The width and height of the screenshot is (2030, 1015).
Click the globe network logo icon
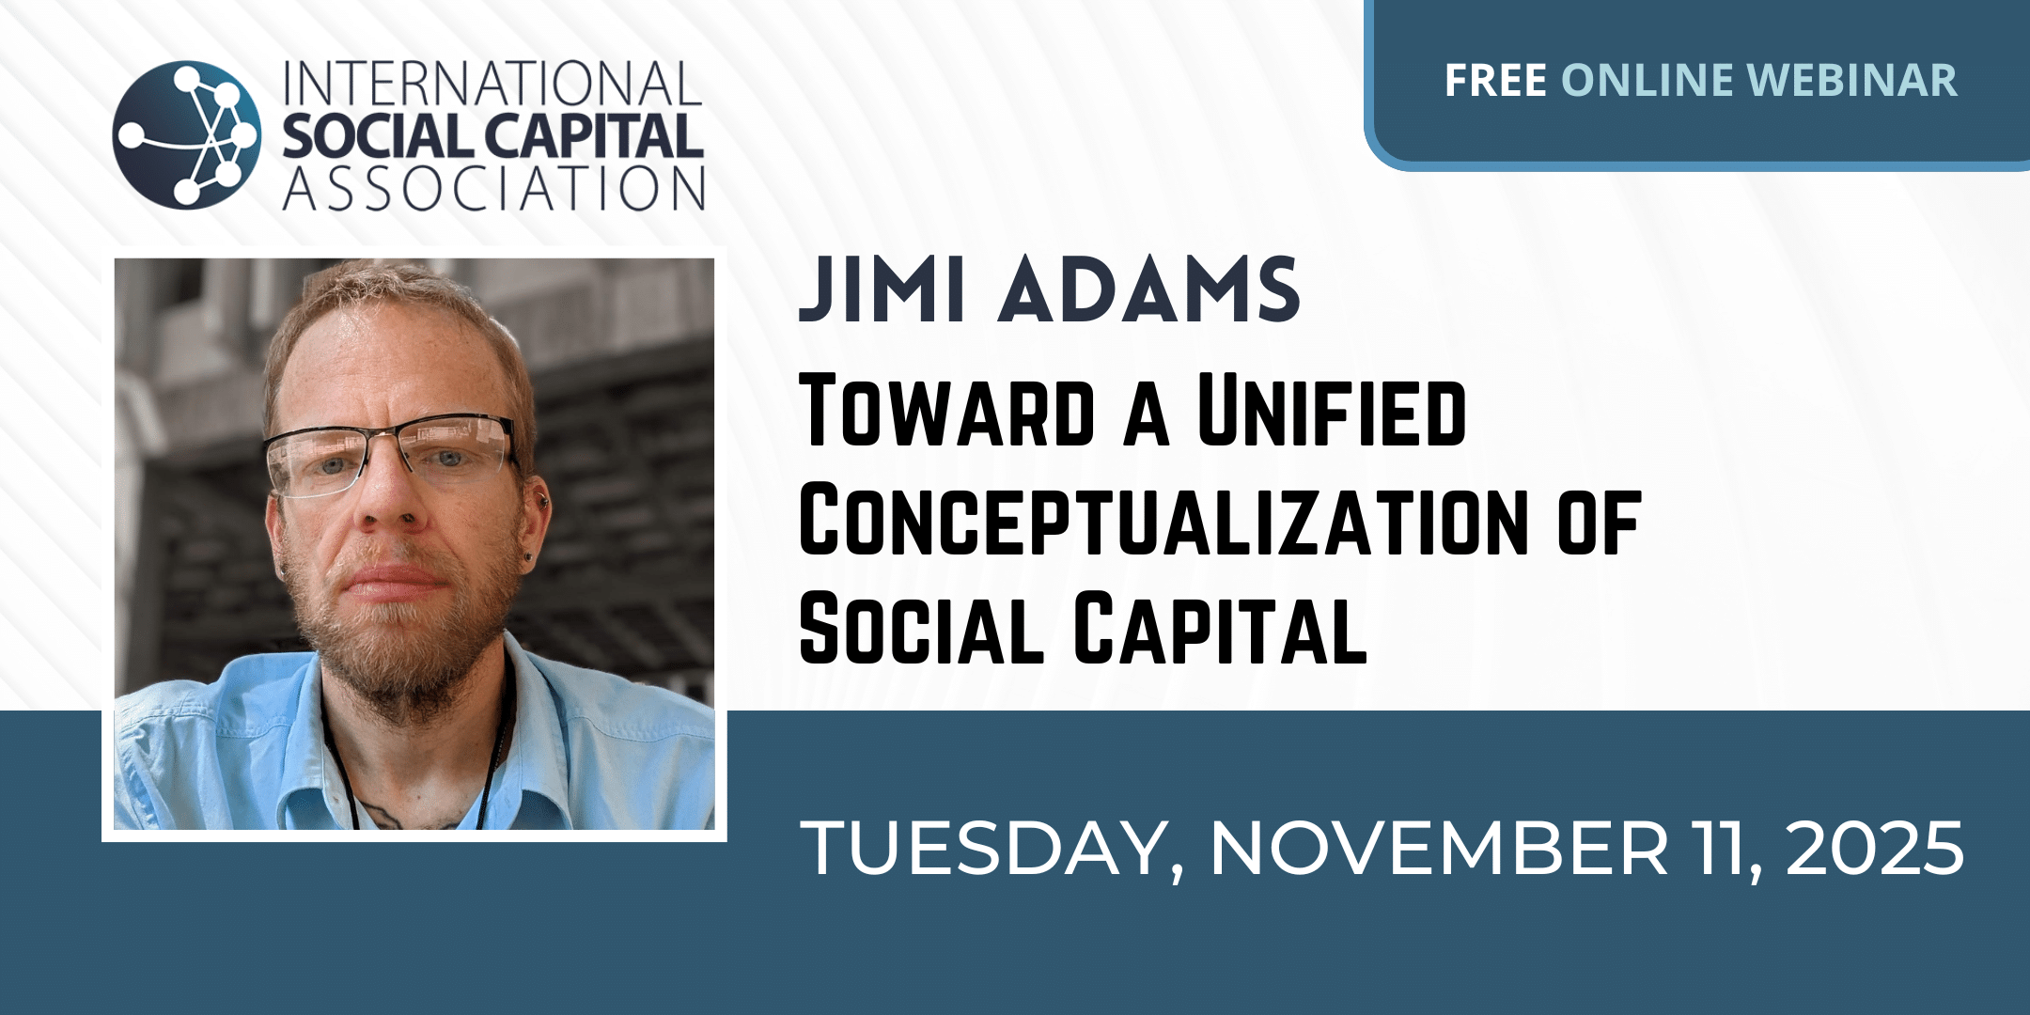coord(187,134)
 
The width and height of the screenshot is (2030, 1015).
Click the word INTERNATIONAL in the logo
coord(492,84)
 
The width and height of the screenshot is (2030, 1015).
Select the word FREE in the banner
coord(1495,81)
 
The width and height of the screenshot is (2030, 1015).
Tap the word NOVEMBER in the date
coord(1439,849)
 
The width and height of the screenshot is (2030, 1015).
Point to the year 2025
coord(1874,849)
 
